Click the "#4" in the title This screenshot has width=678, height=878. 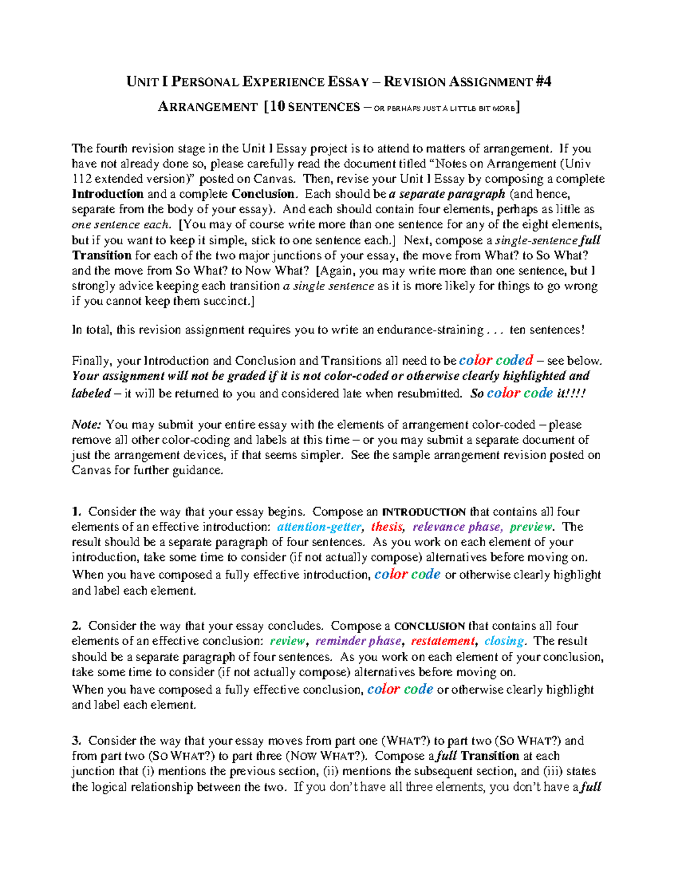(x=544, y=82)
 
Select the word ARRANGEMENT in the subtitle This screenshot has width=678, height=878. (x=207, y=107)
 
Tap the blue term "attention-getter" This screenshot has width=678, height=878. (x=319, y=527)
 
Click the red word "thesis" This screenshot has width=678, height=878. (x=387, y=527)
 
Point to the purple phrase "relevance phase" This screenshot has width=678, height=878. (x=457, y=527)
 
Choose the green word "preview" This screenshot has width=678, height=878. (x=531, y=527)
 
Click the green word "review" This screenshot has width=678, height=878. (x=288, y=641)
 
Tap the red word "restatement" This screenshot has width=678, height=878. (x=443, y=641)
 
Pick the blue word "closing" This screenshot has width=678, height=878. (x=504, y=641)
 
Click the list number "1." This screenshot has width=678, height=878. (x=76, y=512)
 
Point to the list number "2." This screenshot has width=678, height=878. (x=76, y=626)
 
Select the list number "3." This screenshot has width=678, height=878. (x=76, y=741)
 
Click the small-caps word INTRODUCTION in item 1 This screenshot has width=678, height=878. (x=424, y=512)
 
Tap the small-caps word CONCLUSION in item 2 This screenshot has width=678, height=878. (x=429, y=626)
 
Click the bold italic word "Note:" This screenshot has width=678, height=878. (x=86, y=425)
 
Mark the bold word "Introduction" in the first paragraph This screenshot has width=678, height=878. (x=108, y=194)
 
